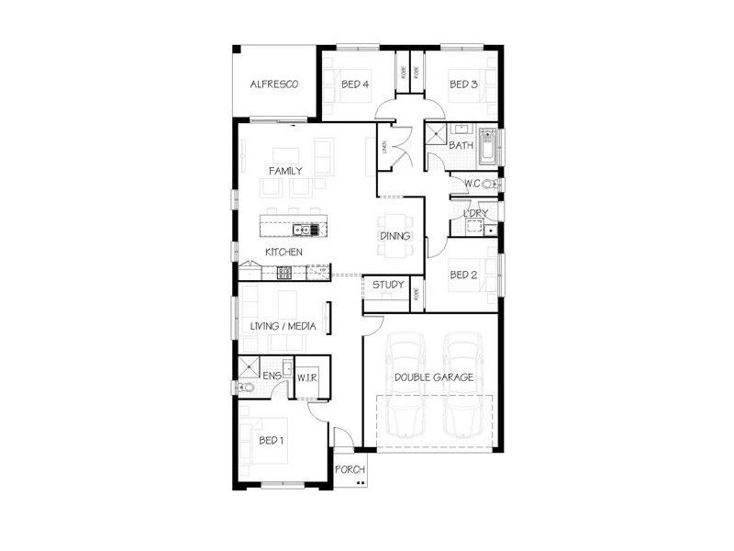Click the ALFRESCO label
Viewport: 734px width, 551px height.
click(275, 84)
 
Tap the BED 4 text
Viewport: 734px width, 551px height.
click(355, 84)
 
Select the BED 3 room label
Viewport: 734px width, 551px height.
click(463, 84)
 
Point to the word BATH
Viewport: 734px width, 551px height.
click(461, 145)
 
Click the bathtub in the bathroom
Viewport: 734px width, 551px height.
click(487, 147)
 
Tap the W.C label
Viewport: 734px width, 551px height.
click(473, 184)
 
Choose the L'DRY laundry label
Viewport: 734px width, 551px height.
click(474, 214)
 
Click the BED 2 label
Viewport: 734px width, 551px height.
click(463, 274)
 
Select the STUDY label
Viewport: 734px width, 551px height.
click(388, 285)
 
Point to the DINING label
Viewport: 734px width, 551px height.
click(395, 237)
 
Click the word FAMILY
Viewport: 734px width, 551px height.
click(285, 171)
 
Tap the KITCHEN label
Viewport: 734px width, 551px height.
click(284, 252)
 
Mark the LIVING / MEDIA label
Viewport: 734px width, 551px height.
click(284, 326)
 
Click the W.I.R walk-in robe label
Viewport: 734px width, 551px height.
click(306, 376)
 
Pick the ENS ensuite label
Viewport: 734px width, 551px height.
click(272, 376)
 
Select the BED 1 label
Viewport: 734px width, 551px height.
click(272, 440)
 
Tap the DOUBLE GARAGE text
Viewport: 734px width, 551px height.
click(433, 377)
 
